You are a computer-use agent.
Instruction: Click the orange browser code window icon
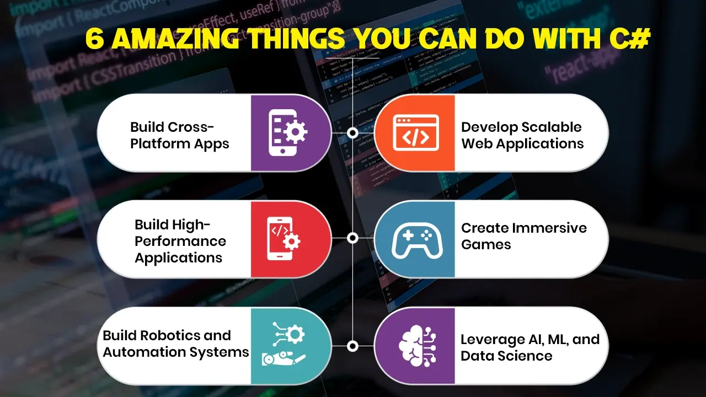pos(416,132)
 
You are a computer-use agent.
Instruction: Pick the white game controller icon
pos(416,239)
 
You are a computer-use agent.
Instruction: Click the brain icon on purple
pos(416,346)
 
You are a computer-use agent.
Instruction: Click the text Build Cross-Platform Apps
pos(179,135)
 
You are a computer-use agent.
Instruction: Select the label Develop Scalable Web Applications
pos(522,135)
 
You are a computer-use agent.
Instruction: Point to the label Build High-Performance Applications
pos(180,241)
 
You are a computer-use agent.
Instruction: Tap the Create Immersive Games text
pos(523,236)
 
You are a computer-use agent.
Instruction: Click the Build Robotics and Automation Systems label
pos(175,344)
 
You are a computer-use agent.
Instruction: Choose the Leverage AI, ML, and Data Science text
pos(529,347)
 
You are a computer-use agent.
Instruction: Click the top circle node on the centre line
pos(353,133)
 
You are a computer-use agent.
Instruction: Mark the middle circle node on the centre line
pos(353,238)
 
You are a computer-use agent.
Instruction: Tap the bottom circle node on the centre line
pos(353,346)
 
